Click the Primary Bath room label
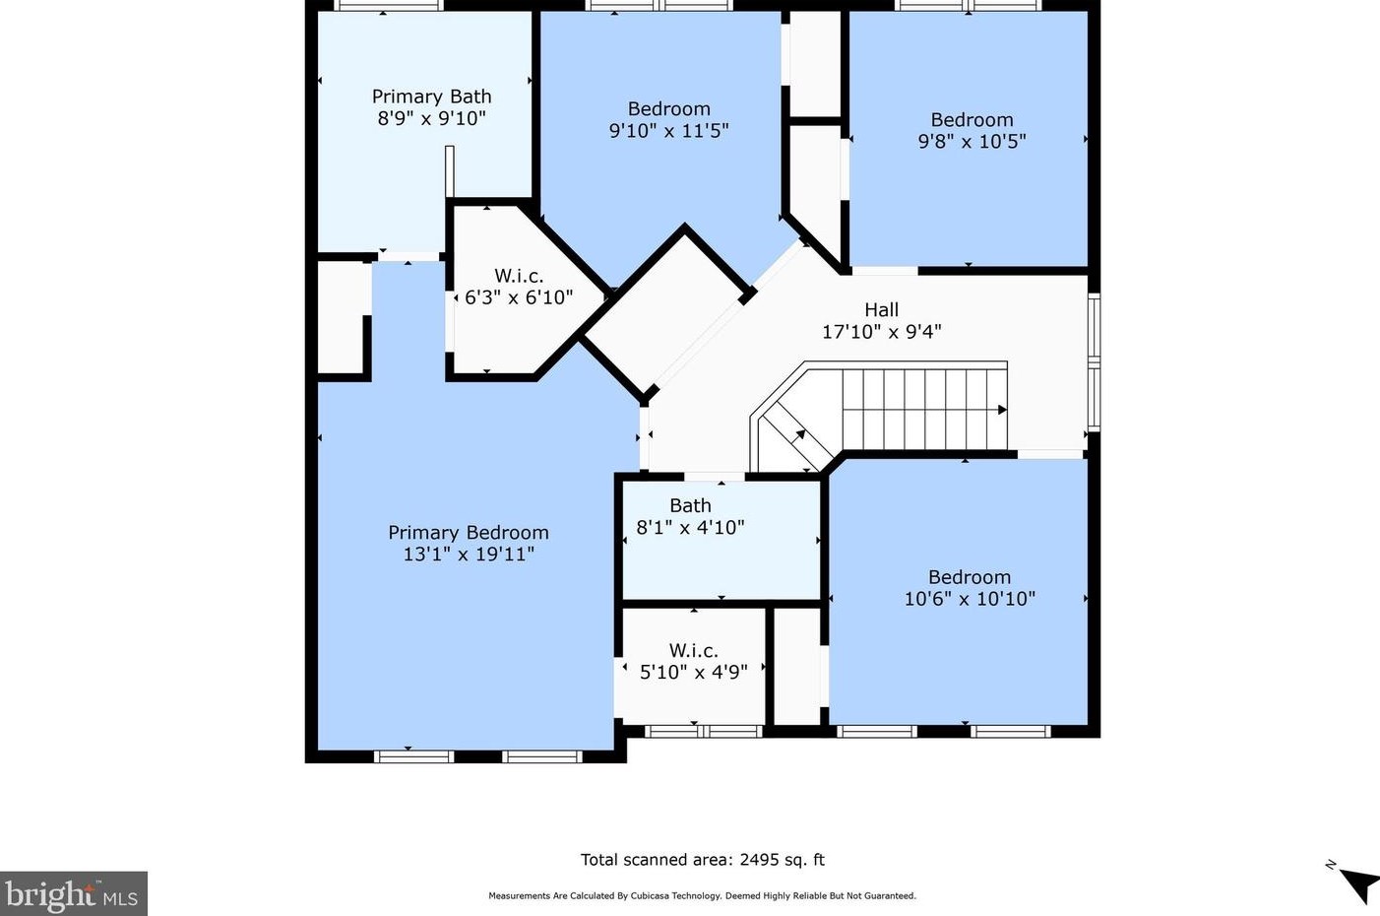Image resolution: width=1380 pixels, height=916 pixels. coord(431,97)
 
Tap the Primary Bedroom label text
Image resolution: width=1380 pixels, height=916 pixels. coord(469,533)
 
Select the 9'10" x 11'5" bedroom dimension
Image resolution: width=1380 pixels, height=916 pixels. coord(669,131)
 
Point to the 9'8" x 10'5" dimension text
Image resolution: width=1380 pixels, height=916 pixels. coord(972,142)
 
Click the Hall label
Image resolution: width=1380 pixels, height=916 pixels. coord(881,309)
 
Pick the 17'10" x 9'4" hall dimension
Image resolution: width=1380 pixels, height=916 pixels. coord(882,332)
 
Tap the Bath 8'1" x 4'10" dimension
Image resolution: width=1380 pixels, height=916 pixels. coord(690,528)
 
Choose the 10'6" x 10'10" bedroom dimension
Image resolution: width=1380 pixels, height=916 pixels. coord(970,599)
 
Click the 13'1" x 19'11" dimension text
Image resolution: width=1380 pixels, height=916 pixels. coord(469,555)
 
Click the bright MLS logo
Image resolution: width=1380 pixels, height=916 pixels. coord(73,893)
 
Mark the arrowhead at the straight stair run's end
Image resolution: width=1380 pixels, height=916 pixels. coord(1002,410)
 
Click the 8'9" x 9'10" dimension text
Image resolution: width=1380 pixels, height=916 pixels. coord(431,118)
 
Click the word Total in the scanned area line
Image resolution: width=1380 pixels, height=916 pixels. coord(599,859)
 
